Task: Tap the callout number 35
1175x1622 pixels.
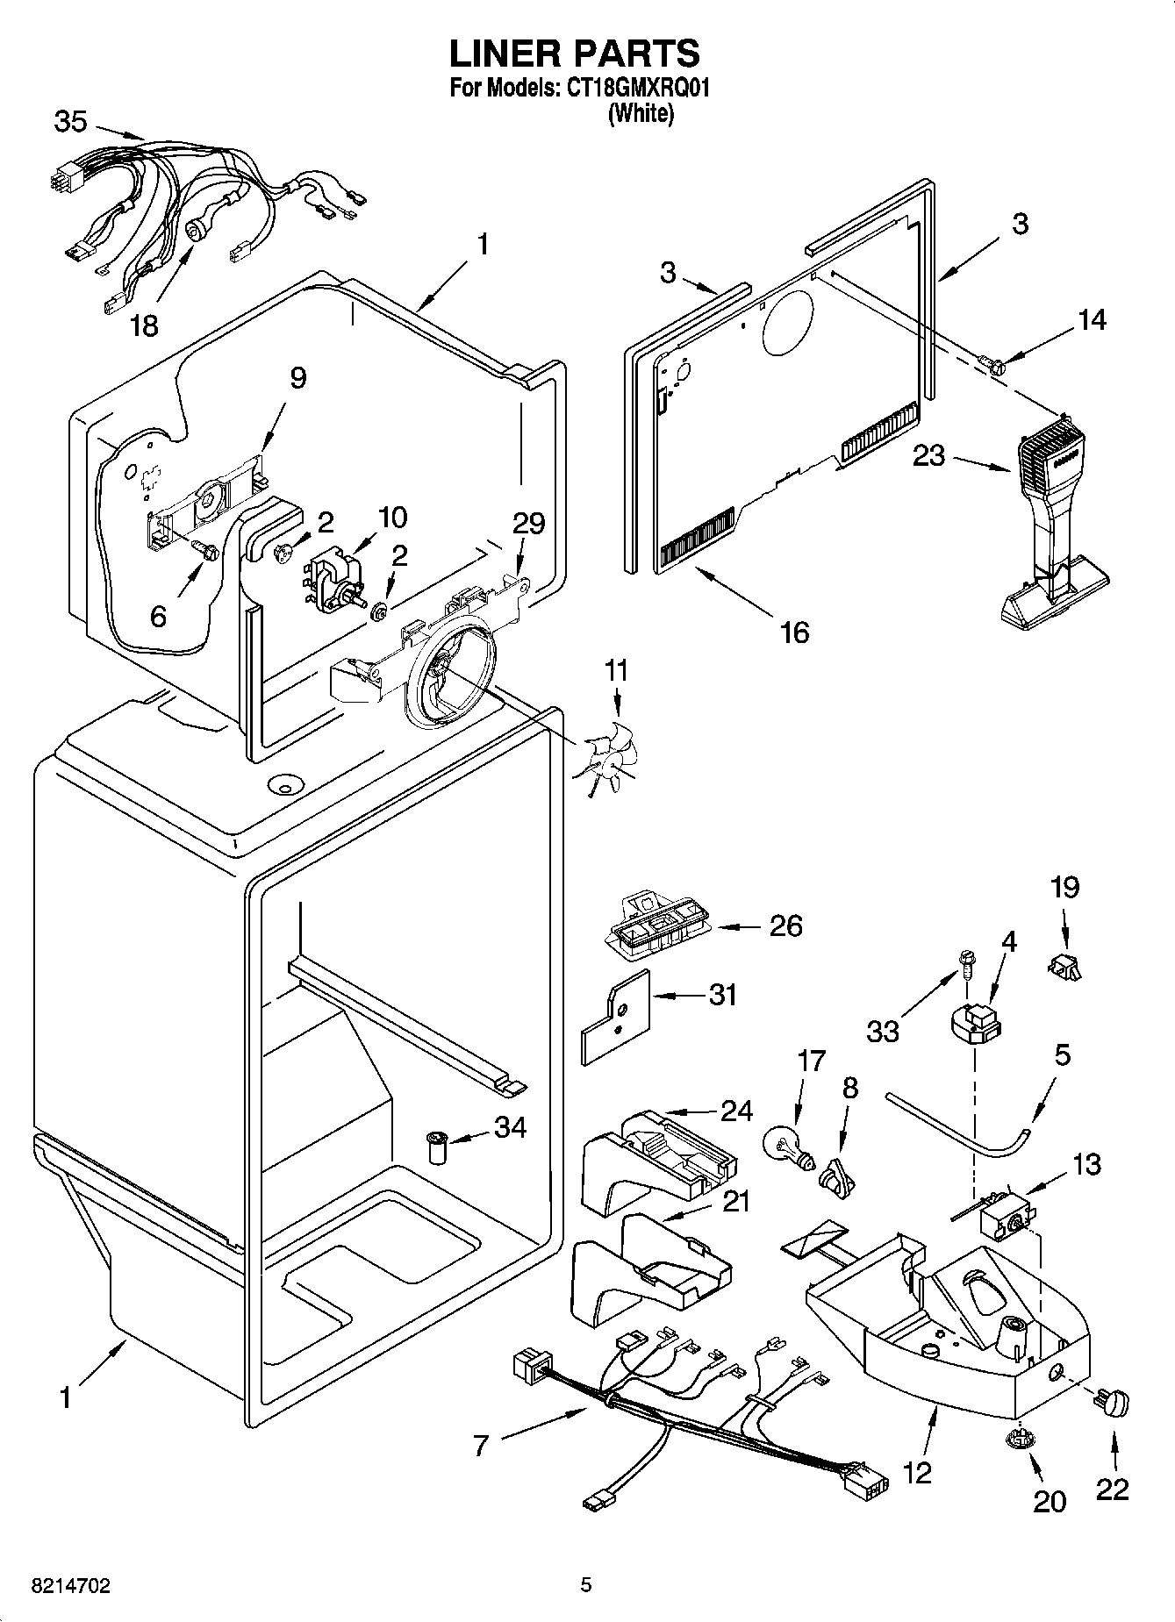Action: point(70,122)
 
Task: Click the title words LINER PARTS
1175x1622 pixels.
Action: point(575,54)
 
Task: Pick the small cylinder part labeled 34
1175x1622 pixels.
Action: point(436,1147)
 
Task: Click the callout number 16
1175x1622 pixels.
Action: point(794,631)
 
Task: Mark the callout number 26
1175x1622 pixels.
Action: point(785,925)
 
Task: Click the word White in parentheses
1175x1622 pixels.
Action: point(641,113)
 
